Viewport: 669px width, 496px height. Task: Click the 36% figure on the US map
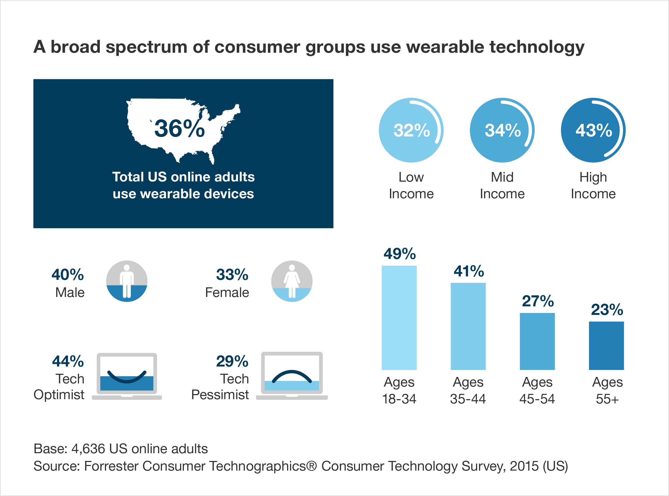coord(180,128)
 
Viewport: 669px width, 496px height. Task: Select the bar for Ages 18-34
coord(399,318)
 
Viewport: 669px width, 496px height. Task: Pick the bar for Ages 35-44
coord(468,326)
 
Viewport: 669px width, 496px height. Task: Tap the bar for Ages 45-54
coord(537,341)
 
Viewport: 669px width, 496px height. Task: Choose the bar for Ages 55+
coord(606,346)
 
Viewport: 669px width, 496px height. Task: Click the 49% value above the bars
coord(399,254)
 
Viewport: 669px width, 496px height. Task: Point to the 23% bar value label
coord(607,310)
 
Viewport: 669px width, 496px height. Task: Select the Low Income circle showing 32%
coord(411,130)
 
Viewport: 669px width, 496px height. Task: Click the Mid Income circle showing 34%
coord(502,130)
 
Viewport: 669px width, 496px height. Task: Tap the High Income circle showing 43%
coord(593,130)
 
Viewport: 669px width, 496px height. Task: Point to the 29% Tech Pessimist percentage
coord(232,361)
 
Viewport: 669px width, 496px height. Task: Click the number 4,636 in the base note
coord(88,449)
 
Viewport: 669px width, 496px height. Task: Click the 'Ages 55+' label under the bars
coord(607,390)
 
